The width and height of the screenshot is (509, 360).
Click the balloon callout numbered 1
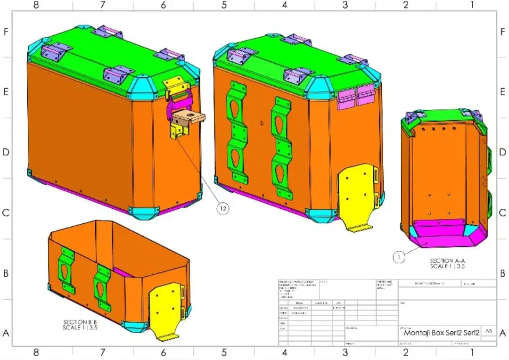point(399,257)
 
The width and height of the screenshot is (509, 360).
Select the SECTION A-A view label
point(447,263)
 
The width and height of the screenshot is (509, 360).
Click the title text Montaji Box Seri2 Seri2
point(442,333)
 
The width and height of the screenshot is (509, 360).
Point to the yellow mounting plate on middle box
point(358,196)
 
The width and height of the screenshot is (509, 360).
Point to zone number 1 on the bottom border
point(472,352)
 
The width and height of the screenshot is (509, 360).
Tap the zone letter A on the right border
point(502,333)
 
